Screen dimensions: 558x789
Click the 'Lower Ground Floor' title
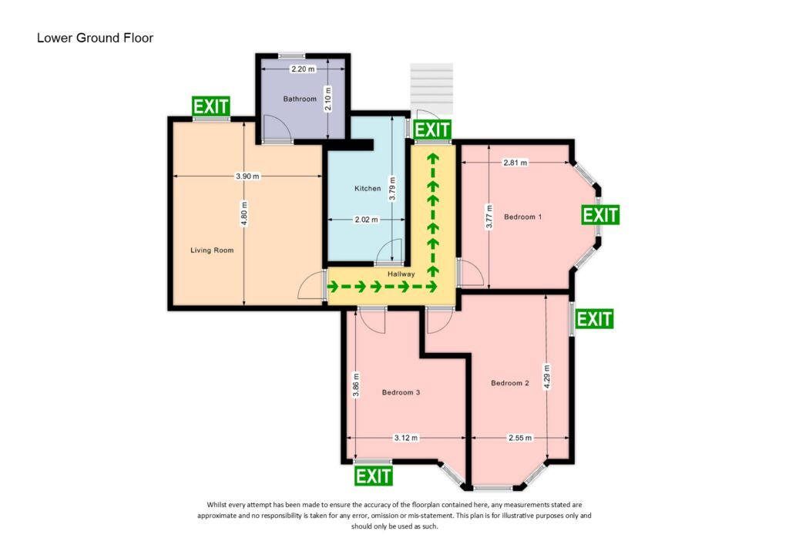pyautogui.click(x=95, y=38)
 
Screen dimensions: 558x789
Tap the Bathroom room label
pyautogui.click(x=300, y=99)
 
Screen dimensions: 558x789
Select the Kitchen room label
pyautogui.click(x=368, y=189)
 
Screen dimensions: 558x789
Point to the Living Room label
pyautogui.click(x=212, y=250)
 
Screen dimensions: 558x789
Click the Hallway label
pyautogui.click(x=401, y=274)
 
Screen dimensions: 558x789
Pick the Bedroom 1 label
pyautogui.click(x=523, y=217)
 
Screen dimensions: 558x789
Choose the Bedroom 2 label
pyautogui.click(x=510, y=383)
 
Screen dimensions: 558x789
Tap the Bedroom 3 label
pyautogui.click(x=401, y=392)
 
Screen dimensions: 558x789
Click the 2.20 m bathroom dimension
pyautogui.click(x=303, y=69)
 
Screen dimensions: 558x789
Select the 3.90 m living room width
pyautogui.click(x=247, y=176)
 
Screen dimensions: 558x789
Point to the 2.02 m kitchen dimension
pyautogui.click(x=366, y=220)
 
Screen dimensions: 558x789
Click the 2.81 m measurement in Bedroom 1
pyautogui.click(x=515, y=163)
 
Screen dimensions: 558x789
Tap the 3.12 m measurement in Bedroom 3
pyautogui.click(x=405, y=438)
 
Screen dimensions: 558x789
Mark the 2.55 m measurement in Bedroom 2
pyautogui.click(x=519, y=438)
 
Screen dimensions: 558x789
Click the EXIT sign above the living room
pyautogui.click(x=210, y=106)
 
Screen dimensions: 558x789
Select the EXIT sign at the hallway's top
pyautogui.click(x=431, y=129)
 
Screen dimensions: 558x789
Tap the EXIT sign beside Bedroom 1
pyautogui.click(x=600, y=214)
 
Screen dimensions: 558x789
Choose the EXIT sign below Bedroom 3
pyautogui.click(x=373, y=476)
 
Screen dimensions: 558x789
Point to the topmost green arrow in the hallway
pyautogui.click(x=432, y=160)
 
